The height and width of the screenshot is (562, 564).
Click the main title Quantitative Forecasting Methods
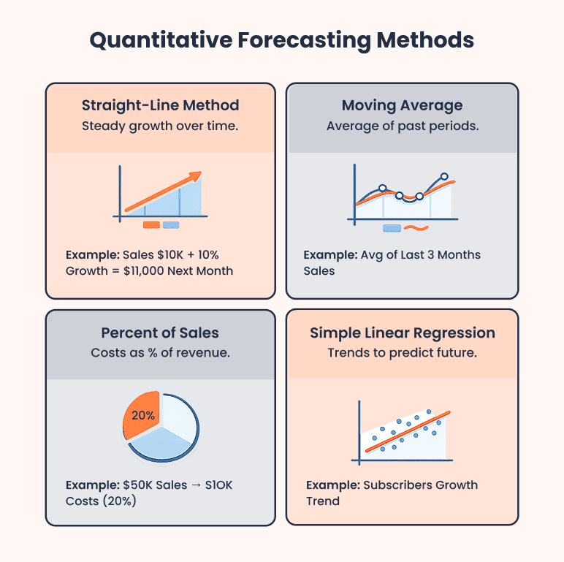click(281, 40)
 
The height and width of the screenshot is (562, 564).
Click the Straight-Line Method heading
click(160, 105)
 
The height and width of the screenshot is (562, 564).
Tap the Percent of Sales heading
click(160, 333)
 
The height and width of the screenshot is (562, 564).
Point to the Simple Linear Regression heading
click(403, 333)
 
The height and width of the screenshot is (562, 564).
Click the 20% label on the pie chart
click(143, 414)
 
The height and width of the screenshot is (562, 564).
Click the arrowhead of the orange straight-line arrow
click(195, 176)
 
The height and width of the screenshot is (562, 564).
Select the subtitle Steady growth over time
click(160, 126)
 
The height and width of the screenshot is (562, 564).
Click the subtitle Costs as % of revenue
click(160, 353)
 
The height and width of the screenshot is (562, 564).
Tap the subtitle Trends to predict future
click(403, 353)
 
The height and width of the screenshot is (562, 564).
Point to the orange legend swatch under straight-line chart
click(151, 225)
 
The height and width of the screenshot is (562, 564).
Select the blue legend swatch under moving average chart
click(392, 228)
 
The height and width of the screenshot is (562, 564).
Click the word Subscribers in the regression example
click(397, 485)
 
